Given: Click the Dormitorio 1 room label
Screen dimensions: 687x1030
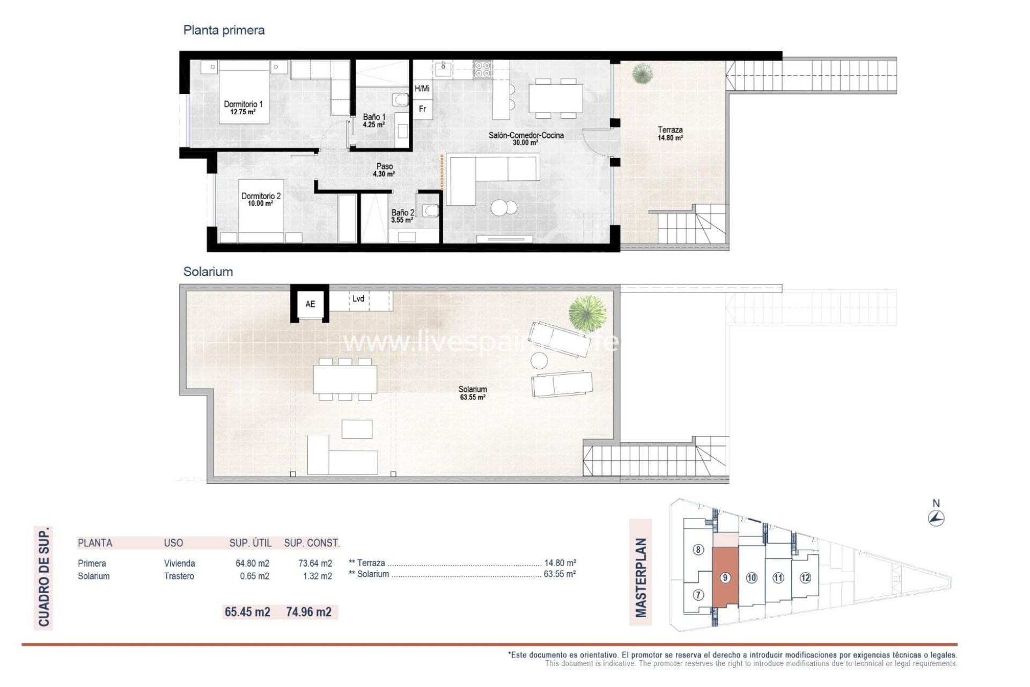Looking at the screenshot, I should point(243,108).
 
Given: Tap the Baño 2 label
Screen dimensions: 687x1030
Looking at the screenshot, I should point(402,216).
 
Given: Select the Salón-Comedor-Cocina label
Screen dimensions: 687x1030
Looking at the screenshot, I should point(526,138).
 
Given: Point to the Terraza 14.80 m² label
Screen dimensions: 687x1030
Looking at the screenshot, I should point(670,134).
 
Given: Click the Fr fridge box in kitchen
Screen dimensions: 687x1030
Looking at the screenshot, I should point(423,109).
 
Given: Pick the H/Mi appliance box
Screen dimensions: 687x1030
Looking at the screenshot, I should point(422,89).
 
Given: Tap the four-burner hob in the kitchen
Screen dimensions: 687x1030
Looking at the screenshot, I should point(482,69).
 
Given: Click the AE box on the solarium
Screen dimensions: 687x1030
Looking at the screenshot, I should point(310,304).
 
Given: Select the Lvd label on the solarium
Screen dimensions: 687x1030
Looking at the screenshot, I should point(358,299).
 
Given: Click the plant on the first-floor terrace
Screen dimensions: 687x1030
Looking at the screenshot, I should point(642,74).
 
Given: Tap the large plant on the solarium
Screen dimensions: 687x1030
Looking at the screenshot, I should point(587,313).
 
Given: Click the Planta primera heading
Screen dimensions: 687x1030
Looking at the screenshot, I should point(224,30).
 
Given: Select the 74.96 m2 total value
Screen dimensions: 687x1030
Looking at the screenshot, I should point(308,612).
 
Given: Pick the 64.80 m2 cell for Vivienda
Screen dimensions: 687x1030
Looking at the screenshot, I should point(252,564).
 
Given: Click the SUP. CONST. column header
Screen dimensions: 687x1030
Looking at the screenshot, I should point(312,543).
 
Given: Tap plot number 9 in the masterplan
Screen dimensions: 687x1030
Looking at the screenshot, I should point(725,578).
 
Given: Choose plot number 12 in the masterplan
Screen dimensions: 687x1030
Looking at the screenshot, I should point(805,578).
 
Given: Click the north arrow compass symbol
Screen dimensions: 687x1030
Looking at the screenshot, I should point(936,518).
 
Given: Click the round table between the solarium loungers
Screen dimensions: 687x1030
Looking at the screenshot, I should point(539,360).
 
